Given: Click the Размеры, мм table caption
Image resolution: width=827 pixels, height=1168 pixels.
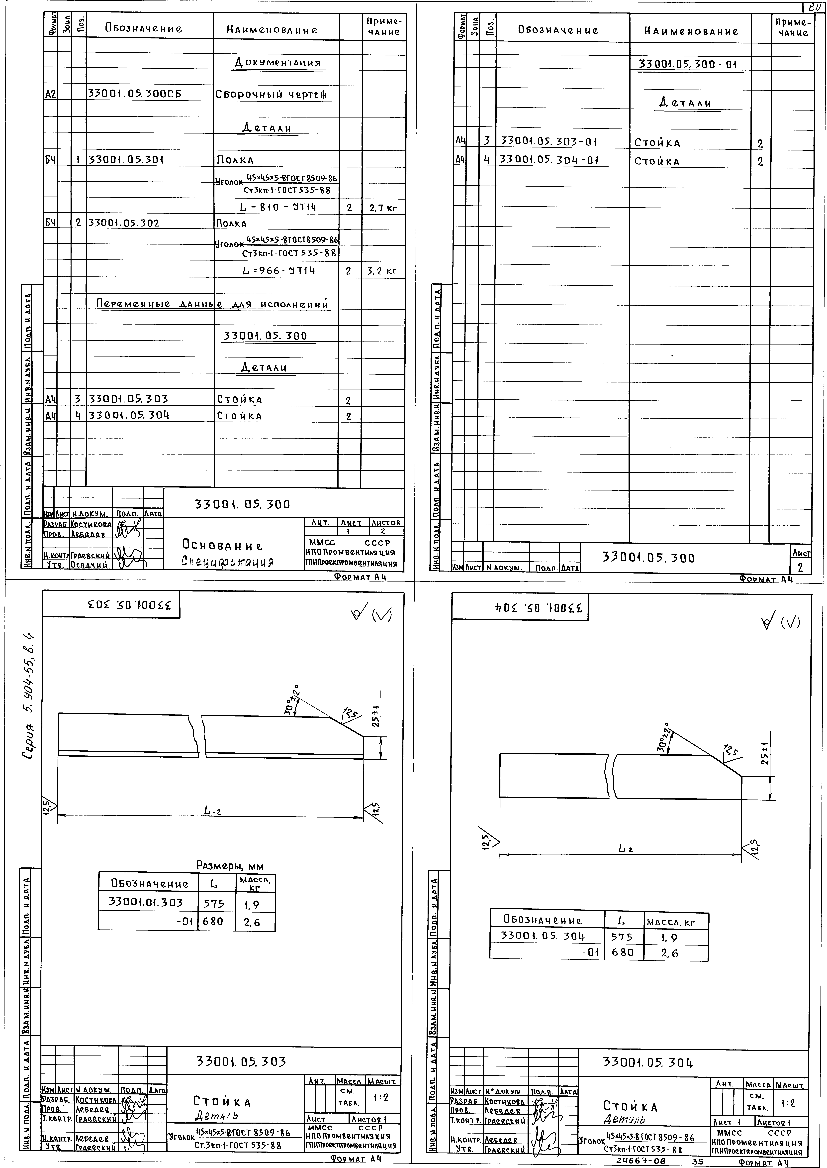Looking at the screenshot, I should click(x=230, y=865).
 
